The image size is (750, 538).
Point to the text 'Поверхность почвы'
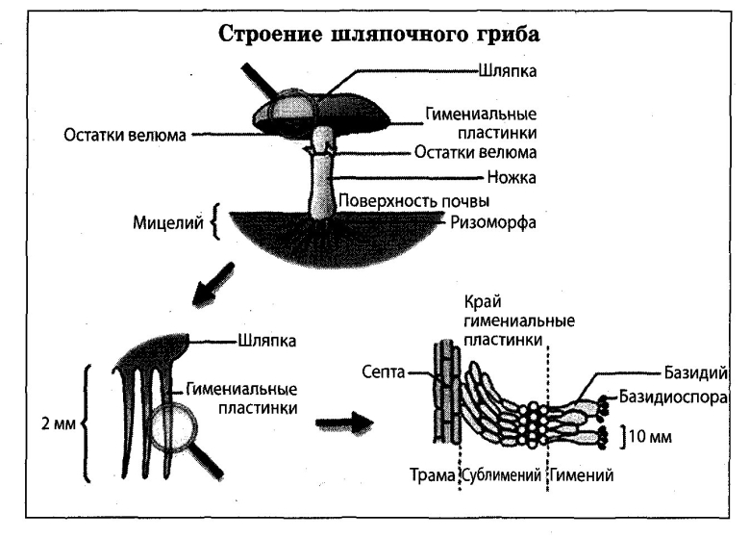click(x=414, y=202)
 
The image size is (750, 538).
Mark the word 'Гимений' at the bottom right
click(x=583, y=476)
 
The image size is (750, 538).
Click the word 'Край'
click(x=480, y=300)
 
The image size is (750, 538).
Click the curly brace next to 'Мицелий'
click(x=213, y=224)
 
